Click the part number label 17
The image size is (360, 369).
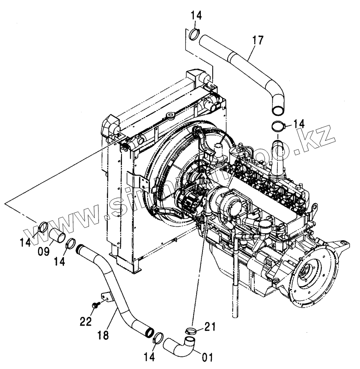pyautogui.click(x=258, y=41)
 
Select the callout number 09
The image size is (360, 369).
pyautogui.click(x=43, y=251)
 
